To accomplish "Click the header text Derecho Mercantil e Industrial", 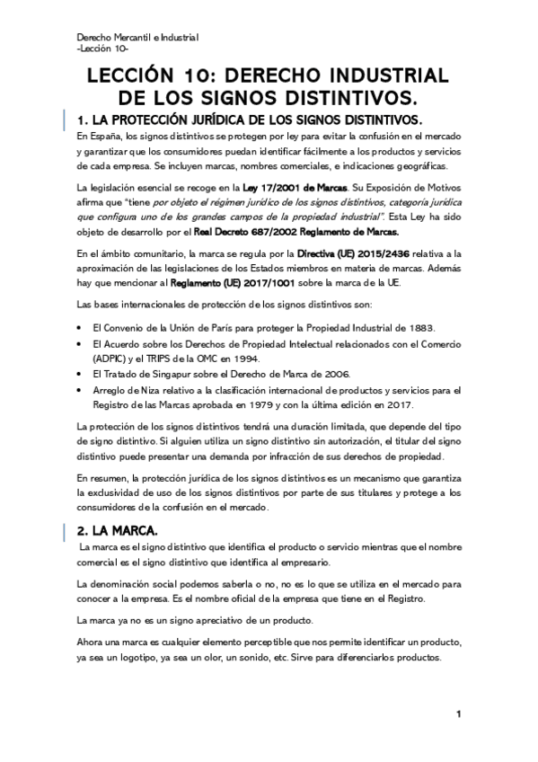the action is pos(137,37).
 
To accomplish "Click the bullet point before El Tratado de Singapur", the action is pos(82,373).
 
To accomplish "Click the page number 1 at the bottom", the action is pos(458,713).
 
